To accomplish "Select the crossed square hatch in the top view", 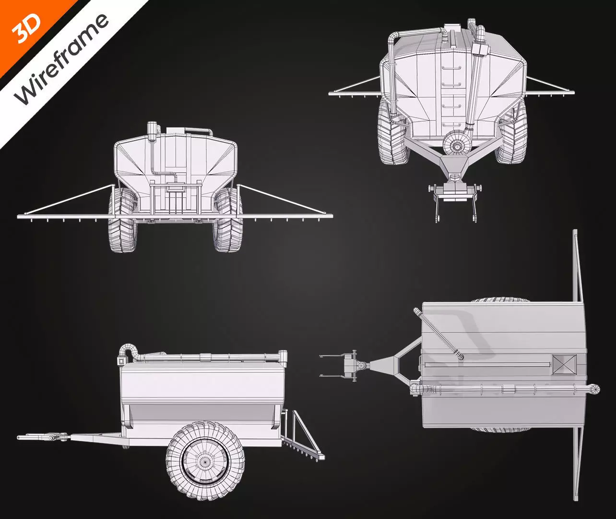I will (563, 364).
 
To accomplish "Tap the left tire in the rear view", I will (122, 221).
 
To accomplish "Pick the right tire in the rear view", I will (228, 221).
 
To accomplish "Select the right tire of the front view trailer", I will (513, 132).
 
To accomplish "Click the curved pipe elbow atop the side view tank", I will (129, 349).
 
